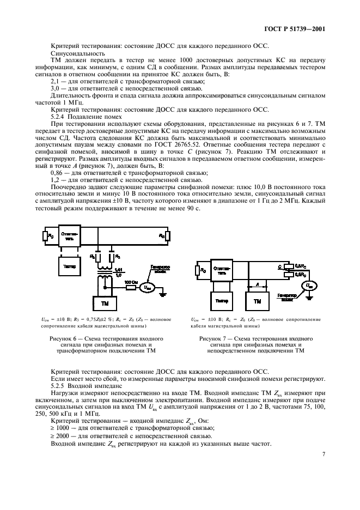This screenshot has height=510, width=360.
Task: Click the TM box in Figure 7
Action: point(258,300)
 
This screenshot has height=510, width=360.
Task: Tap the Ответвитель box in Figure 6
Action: point(70,236)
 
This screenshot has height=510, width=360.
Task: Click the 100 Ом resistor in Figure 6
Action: point(130,287)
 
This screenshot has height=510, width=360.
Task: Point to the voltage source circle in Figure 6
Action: point(146,287)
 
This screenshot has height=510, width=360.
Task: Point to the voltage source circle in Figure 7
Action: point(309,285)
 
